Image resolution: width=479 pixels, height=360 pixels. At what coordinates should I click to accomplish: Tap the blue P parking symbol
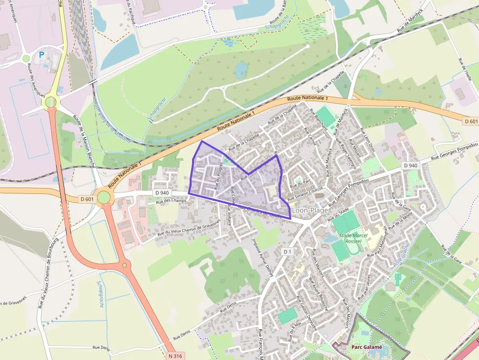pyautogui.click(x=42, y=55)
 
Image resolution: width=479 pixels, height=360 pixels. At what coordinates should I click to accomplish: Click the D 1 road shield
pyautogui.click(x=287, y=251)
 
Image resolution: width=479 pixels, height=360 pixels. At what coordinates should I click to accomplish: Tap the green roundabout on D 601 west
pyautogui.click(x=104, y=197)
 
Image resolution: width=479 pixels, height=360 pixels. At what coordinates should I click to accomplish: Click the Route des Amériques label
pyautogui.click(x=36, y=80)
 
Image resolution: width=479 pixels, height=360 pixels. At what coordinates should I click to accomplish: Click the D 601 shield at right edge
pyautogui.click(x=470, y=121)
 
